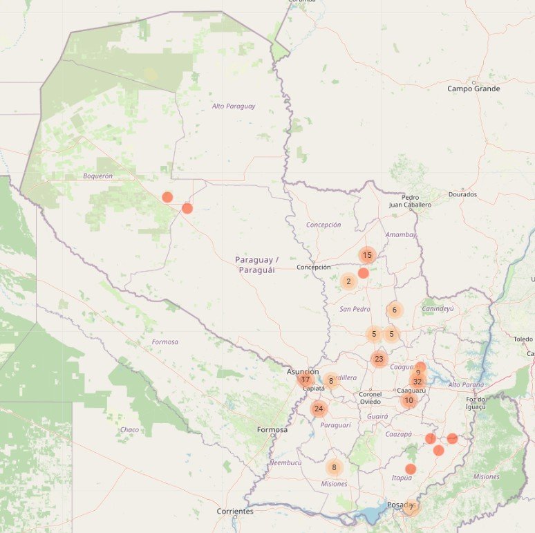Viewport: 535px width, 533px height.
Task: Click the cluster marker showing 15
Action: coord(367,255)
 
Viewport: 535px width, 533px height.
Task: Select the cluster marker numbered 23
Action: coord(378,359)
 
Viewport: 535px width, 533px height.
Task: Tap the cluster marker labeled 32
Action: coord(417,382)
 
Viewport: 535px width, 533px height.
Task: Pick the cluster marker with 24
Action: coord(319,409)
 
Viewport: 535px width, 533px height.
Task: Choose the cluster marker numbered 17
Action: coord(306,380)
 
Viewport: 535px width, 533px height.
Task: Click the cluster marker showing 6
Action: coord(395,310)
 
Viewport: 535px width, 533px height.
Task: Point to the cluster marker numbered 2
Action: coord(348,281)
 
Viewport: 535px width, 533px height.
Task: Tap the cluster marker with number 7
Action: coord(411,507)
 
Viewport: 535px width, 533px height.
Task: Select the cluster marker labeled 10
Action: coord(409,400)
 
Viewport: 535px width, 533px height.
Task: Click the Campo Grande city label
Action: coord(473,88)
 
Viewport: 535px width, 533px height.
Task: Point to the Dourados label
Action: coord(462,194)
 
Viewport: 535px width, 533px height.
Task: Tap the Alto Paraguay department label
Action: coord(234,106)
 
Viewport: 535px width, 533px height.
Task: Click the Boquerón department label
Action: coord(97,176)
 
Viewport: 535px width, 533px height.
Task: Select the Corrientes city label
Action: coord(235,512)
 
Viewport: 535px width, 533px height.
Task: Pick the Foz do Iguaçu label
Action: coord(476,402)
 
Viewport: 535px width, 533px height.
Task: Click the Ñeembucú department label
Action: coord(285,462)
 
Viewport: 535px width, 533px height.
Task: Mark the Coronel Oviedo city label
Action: coord(370,398)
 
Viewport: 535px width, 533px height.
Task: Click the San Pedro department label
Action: coord(355,309)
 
